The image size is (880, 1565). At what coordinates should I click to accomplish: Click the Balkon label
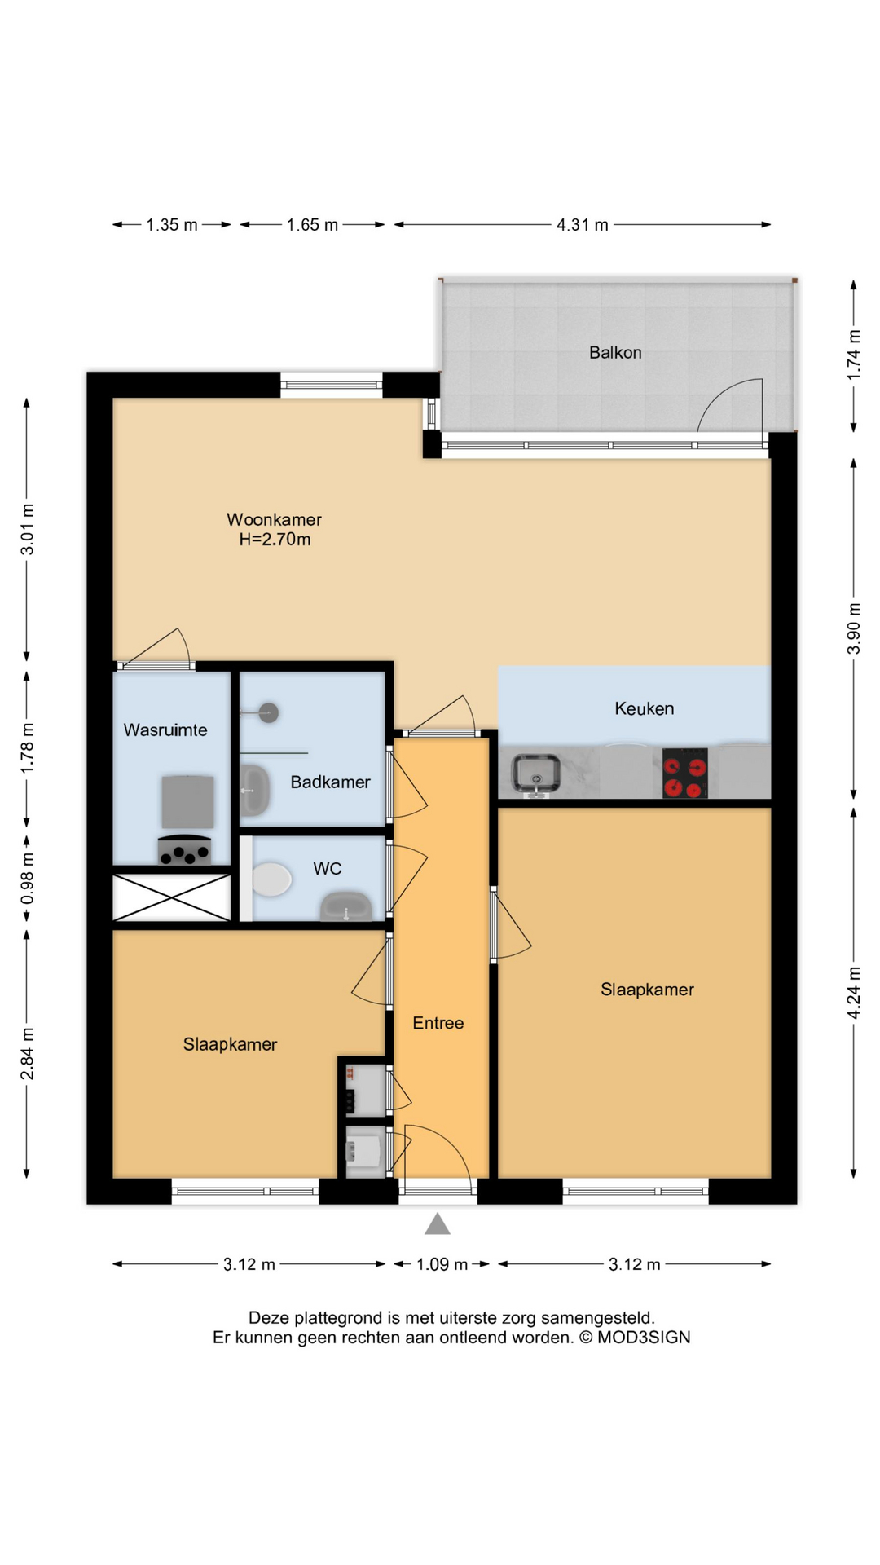pyautogui.click(x=615, y=352)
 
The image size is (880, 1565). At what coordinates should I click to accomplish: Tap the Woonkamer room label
pyautogui.click(x=274, y=519)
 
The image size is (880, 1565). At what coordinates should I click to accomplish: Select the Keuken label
pyautogui.click(x=644, y=708)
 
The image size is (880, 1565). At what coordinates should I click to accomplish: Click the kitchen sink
pyautogui.click(x=535, y=774)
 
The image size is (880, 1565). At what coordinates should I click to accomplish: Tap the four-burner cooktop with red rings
pyautogui.click(x=684, y=773)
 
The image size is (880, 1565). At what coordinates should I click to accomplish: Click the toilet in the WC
pyautogui.click(x=271, y=880)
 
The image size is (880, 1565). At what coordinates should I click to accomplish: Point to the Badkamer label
pyautogui.click(x=330, y=782)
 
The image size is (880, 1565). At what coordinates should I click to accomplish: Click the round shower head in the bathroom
pyautogui.click(x=269, y=712)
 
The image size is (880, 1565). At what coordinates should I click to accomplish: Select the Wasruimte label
pyautogui.click(x=165, y=730)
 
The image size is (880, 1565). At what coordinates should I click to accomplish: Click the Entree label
pyautogui.click(x=438, y=1023)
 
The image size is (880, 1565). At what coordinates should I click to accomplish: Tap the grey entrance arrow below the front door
pyautogui.click(x=438, y=1223)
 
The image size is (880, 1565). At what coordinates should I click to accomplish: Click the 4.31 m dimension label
pyautogui.click(x=582, y=225)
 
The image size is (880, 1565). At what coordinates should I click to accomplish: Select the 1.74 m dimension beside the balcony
pyautogui.click(x=853, y=355)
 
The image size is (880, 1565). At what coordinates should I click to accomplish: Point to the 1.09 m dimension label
pyautogui.click(x=442, y=1264)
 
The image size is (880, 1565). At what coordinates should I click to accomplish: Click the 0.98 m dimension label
pyautogui.click(x=27, y=877)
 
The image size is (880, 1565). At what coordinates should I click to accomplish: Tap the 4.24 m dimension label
pyautogui.click(x=853, y=992)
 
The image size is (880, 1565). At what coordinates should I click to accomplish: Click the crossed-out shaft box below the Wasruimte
pyautogui.click(x=171, y=897)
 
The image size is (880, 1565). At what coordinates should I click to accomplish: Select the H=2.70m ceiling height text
pyautogui.click(x=275, y=540)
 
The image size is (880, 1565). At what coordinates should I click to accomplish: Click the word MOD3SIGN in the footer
pyautogui.click(x=644, y=1338)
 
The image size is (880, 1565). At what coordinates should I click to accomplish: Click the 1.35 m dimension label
pyautogui.click(x=172, y=225)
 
